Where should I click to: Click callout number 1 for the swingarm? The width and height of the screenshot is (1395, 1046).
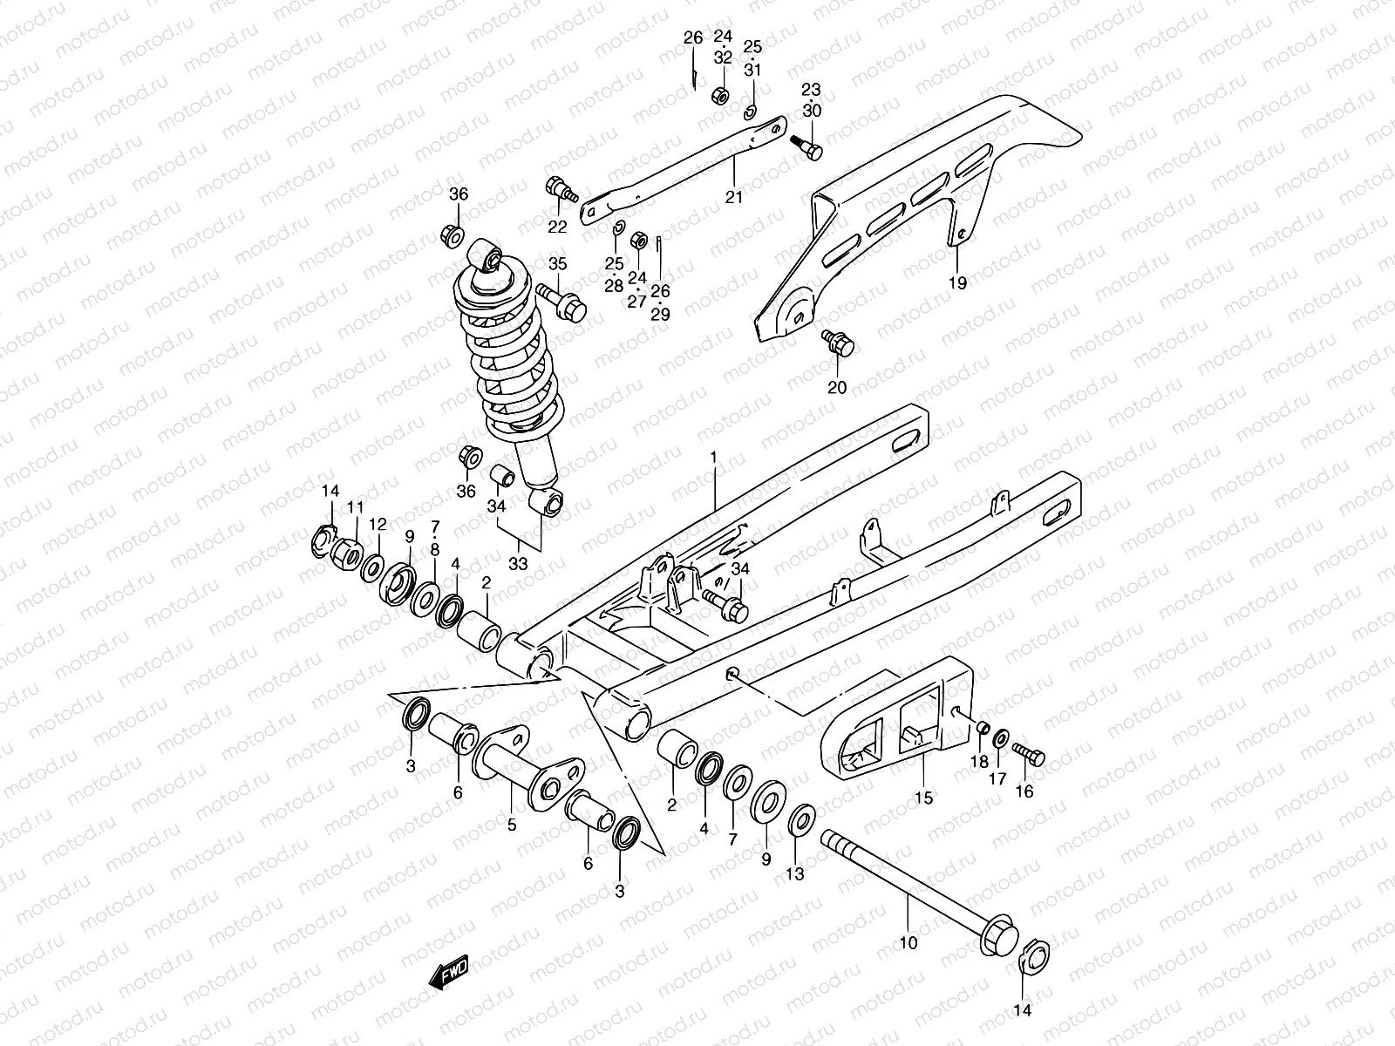pos(713,457)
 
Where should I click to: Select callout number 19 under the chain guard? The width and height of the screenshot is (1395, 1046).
pos(957,282)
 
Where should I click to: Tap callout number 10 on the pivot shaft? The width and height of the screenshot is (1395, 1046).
pos(908,941)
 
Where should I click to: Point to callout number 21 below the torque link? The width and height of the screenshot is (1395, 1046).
pos(734,197)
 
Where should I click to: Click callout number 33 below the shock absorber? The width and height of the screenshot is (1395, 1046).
pos(518,564)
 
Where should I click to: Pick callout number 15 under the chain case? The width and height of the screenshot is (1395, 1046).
pos(923,797)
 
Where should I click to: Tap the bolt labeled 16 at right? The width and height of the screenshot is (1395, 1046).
pos(1030,756)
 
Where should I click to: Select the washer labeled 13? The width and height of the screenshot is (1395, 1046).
pos(802,820)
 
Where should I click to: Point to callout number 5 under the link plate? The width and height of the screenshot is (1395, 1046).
pos(512,825)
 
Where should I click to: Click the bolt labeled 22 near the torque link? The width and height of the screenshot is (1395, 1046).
pos(560,189)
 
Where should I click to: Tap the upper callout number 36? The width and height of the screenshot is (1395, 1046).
pos(459,194)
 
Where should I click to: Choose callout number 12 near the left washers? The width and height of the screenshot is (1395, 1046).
pos(377,525)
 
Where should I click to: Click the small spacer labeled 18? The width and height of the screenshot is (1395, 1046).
pos(981,729)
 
